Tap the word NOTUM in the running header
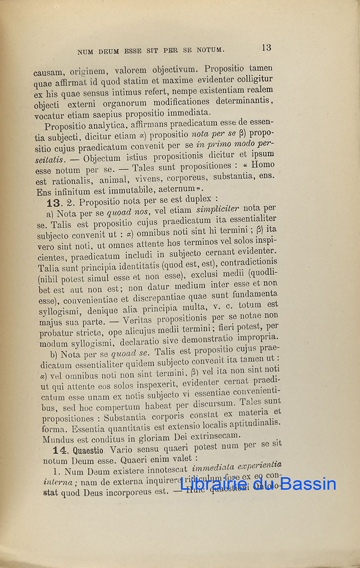[208, 49]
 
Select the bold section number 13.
[54, 202]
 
